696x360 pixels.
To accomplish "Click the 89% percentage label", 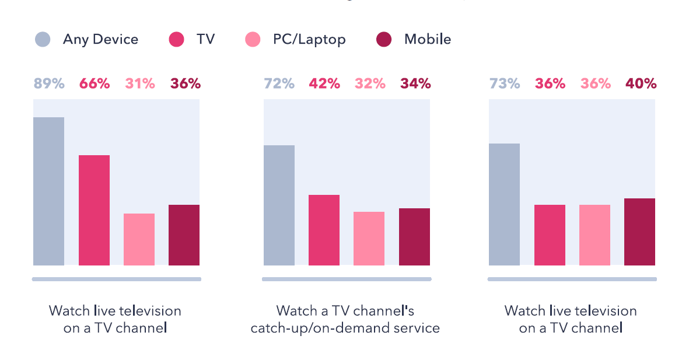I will pyautogui.click(x=48, y=83).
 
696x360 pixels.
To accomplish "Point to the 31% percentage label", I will pyautogui.click(x=139, y=83).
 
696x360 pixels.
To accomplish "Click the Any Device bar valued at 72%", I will pyautogui.click(x=279, y=205).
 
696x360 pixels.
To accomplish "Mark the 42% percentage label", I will pyautogui.click(x=324, y=83).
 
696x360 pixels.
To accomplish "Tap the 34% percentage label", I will pyautogui.click(x=415, y=83).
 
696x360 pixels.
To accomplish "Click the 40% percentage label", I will pyautogui.click(x=640, y=83).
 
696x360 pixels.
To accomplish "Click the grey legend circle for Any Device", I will pyautogui.click(x=43, y=40).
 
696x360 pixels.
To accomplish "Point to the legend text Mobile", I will pyautogui.click(x=428, y=40).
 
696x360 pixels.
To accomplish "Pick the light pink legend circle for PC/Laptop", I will pyautogui.click(x=252, y=40).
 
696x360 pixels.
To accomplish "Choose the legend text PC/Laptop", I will pyautogui.click(x=309, y=40).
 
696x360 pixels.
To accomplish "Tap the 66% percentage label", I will pyautogui.click(x=94, y=83).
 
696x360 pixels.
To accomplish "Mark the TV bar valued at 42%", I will pyautogui.click(x=324, y=230).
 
